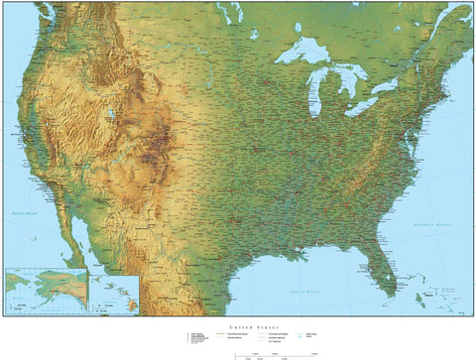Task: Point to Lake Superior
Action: coord(303,52)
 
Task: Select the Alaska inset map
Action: coord(45,290)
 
